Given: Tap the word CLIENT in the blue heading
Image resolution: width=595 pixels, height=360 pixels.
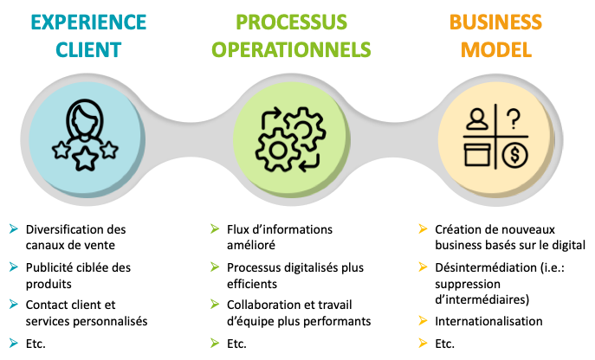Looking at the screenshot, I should (x=89, y=49).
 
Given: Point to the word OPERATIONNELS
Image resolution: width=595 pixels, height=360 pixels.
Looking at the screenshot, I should (x=292, y=49).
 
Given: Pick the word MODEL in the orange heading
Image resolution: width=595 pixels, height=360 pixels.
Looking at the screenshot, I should (x=496, y=49).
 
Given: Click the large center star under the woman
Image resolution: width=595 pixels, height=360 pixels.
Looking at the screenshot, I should (x=85, y=160).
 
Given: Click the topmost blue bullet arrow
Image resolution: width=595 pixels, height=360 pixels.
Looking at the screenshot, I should (x=13, y=228).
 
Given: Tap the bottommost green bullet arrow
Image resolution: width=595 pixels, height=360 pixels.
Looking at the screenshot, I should (x=215, y=343).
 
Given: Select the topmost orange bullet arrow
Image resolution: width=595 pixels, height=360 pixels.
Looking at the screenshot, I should (x=423, y=228).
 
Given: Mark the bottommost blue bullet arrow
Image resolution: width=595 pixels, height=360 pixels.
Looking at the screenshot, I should (x=13, y=343).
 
